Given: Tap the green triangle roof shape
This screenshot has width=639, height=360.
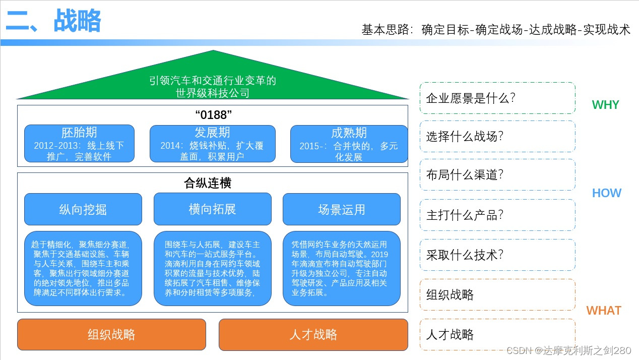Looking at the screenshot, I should point(213,81).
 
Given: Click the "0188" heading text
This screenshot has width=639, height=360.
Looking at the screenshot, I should point(213,115).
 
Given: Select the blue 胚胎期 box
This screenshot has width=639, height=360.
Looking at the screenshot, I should point(79,144).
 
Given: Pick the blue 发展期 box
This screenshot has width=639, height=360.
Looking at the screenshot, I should point(212,144).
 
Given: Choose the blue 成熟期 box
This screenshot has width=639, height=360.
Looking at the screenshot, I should point(349,144).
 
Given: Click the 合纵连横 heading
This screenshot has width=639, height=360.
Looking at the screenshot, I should point(208,183).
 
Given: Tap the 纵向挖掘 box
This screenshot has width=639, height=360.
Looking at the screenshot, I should point(83,209).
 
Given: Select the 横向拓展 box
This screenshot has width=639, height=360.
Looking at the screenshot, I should point(212,209).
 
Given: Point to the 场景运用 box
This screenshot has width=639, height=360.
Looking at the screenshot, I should point(341,209).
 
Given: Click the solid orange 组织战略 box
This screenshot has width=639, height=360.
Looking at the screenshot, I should point(111,334).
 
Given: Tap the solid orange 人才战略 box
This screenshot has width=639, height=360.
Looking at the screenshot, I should point(313,334).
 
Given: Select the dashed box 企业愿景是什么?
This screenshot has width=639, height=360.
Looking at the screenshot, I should point(497,98).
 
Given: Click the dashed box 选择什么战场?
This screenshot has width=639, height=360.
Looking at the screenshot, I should point(497,136).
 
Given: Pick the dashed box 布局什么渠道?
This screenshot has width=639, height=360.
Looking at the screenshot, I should point(497,175).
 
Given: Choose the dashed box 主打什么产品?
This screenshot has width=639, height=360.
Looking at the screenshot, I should point(497,215).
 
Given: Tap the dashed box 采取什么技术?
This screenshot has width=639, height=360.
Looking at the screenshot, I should point(497,255).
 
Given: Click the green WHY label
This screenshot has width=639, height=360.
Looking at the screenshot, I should point(605,105).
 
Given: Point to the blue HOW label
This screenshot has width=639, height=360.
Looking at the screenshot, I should point(606,193).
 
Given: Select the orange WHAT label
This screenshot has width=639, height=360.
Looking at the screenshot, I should point(603,311).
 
